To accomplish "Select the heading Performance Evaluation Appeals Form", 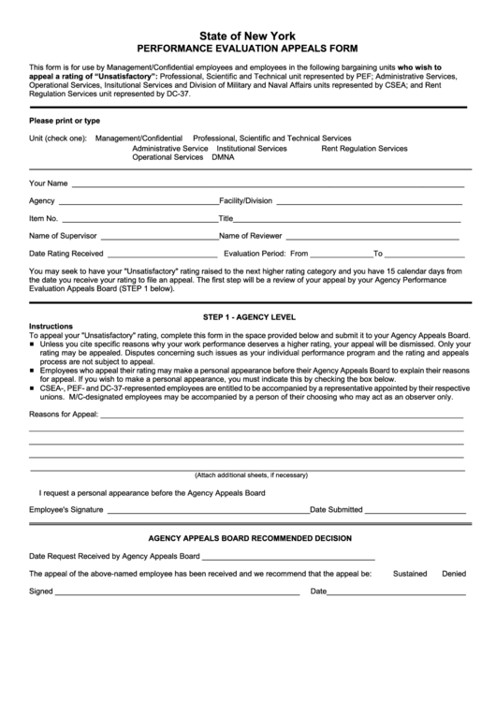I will tap(247, 46).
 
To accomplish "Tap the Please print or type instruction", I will tap(65, 121).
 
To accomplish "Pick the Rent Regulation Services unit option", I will tap(364, 148).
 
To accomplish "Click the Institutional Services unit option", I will tap(252, 148).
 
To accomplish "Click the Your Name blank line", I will tap(267, 185).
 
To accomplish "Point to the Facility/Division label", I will tap(245, 200).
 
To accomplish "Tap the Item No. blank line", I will tap(140, 220).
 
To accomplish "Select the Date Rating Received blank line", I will tap(163, 255).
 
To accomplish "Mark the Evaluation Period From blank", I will tap(340, 255).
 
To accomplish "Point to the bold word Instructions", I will tap(51, 327).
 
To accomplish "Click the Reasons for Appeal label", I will tap(64, 413).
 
